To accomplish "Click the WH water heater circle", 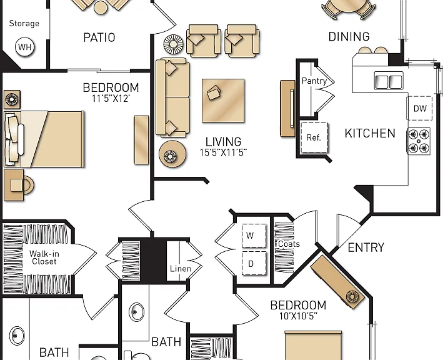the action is click(x=25, y=47).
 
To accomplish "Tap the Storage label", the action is click(x=24, y=24).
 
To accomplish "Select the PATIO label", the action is click(x=99, y=37).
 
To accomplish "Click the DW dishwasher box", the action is click(x=419, y=108).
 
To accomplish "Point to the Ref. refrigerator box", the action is click(x=314, y=137).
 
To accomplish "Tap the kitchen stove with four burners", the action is click(x=419, y=141).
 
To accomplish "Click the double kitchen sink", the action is click(x=389, y=81).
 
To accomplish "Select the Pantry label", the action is click(x=314, y=81).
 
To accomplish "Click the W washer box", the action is click(x=254, y=236).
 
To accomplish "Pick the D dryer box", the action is click(x=254, y=263).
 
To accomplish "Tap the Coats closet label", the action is click(x=289, y=244).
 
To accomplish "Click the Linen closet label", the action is click(x=181, y=269).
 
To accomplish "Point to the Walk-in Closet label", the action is click(x=44, y=257).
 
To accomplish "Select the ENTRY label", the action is click(x=366, y=247).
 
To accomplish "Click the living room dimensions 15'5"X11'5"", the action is click(x=223, y=153).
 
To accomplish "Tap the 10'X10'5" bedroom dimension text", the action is click(x=298, y=316).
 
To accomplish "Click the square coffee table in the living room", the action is click(x=223, y=101).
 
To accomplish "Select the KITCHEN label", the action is click(x=370, y=133).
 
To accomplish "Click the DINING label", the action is click(x=349, y=37).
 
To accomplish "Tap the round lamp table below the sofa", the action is click(x=172, y=154).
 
